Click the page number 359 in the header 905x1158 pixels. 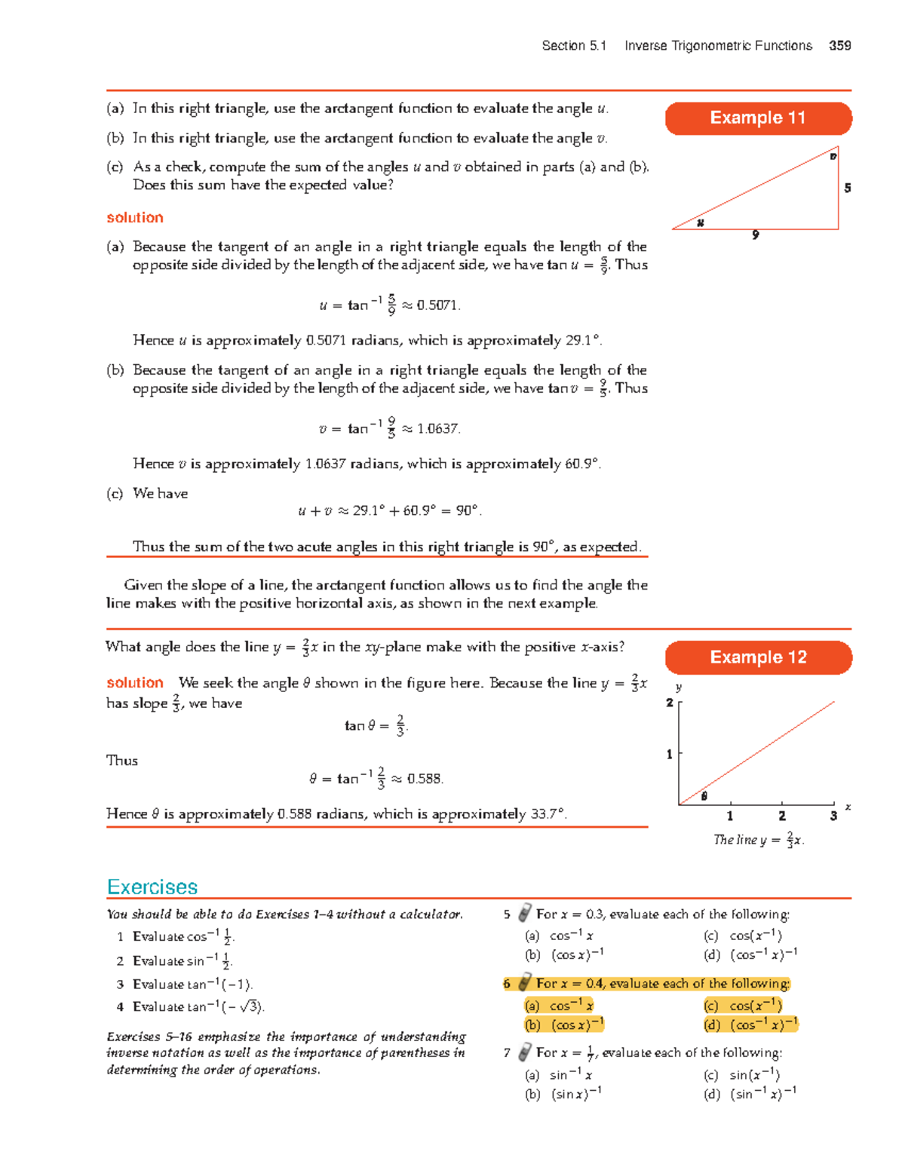[x=839, y=46]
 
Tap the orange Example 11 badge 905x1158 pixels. [x=758, y=118]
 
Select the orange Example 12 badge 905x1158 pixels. [x=758, y=657]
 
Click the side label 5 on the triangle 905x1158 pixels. [x=848, y=188]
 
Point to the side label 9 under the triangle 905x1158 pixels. [x=755, y=235]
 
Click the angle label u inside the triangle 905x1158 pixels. [x=701, y=222]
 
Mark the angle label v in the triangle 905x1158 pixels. [x=833, y=157]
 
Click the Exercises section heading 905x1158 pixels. [x=152, y=887]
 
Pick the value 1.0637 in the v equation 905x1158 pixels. [x=437, y=429]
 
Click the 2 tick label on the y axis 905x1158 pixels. [x=669, y=703]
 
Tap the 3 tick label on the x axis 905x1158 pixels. [x=833, y=816]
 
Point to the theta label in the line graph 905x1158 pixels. [x=704, y=796]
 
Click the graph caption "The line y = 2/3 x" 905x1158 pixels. [x=759, y=840]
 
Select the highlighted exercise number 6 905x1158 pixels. [x=507, y=984]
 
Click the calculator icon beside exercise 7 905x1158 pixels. [x=525, y=1052]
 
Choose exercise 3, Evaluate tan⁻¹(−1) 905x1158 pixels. [x=192, y=985]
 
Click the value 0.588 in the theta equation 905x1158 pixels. [x=425, y=779]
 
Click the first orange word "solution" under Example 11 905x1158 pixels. [x=135, y=218]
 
